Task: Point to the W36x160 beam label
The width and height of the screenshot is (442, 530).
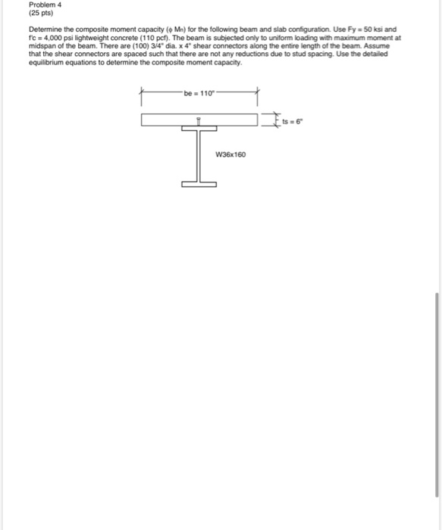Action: (x=230, y=154)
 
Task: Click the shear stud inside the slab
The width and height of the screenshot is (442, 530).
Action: (x=199, y=121)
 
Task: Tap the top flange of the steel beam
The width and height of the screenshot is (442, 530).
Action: (x=199, y=128)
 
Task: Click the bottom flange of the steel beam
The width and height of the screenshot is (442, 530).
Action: (x=199, y=182)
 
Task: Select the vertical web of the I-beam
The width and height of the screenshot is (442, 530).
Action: (x=199, y=155)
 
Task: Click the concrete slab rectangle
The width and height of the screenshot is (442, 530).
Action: (x=167, y=120)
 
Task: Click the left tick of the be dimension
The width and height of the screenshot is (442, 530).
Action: (x=141, y=96)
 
